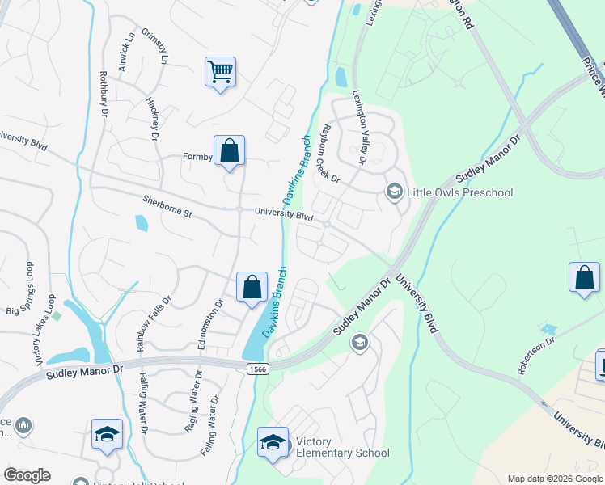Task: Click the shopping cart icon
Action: [220, 72]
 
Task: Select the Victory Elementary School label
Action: [342, 448]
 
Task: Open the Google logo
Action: [27, 474]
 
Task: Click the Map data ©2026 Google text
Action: [554, 479]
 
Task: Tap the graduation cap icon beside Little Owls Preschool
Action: [394, 192]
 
